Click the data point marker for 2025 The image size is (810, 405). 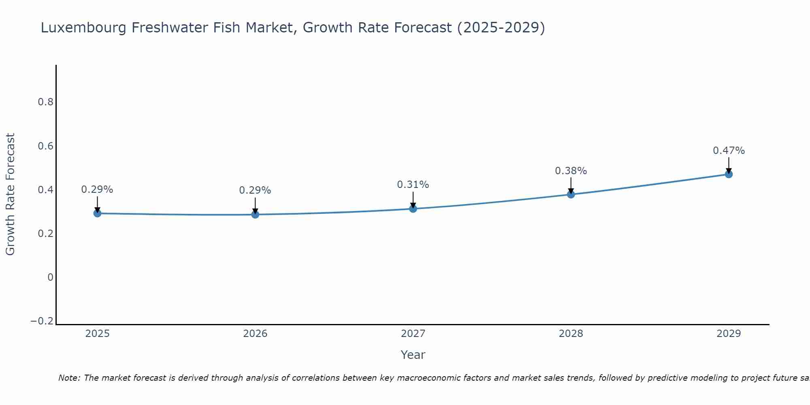tap(97, 213)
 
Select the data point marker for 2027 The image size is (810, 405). tap(413, 209)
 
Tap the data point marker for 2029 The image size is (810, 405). tap(729, 174)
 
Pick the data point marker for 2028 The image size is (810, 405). tap(571, 194)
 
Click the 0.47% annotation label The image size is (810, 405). tap(729, 151)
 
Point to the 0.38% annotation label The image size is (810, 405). tap(571, 171)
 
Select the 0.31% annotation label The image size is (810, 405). tap(413, 185)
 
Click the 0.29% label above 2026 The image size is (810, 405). tap(255, 190)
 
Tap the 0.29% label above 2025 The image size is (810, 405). tap(97, 190)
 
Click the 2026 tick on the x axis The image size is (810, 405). tap(255, 334)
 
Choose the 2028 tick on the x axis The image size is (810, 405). tap(571, 334)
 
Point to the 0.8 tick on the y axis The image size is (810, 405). tap(46, 102)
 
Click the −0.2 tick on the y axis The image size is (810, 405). tap(42, 321)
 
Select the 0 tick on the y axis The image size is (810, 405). tap(51, 277)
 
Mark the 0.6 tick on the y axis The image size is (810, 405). tap(46, 146)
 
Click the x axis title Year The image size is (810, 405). tap(413, 355)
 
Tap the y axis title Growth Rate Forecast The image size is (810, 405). tap(10, 194)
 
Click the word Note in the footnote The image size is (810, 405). tap(68, 378)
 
